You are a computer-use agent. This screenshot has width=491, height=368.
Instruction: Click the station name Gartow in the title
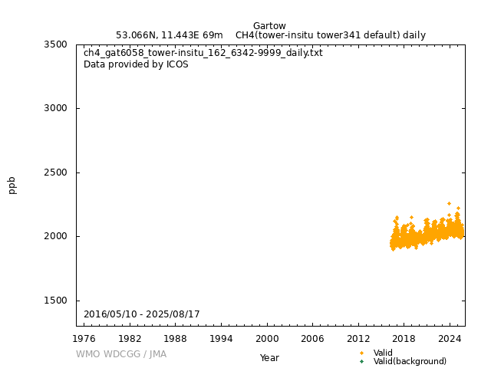pyautogui.click(x=269, y=26)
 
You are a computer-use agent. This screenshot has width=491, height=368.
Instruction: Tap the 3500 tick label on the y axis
pyautogui.click(x=55, y=44)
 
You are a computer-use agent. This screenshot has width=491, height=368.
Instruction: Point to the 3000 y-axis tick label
pyautogui.click(x=55, y=108)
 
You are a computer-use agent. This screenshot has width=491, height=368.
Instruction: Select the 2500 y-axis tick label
pyautogui.click(x=55, y=172)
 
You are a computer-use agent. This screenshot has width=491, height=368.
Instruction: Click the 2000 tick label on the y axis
pyautogui.click(x=55, y=236)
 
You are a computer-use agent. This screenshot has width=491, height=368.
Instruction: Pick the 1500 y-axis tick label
pyautogui.click(x=55, y=301)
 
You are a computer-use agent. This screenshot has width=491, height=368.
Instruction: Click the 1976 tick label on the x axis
pyautogui.click(x=84, y=338)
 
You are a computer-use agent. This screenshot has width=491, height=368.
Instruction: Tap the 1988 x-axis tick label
pyautogui.click(x=176, y=338)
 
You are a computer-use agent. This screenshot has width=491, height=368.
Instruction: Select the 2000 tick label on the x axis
pyautogui.click(x=267, y=338)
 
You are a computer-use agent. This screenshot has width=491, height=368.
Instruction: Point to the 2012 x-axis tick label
pyautogui.click(x=358, y=338)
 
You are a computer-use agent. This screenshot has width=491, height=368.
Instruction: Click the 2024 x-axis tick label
pyautogui.click(x=450, y=338)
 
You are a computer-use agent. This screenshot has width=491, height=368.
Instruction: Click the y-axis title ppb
pyautogui.click(x=12, y=185)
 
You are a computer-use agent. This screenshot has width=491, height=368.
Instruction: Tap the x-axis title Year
pyautogui.click(x=269, y=357)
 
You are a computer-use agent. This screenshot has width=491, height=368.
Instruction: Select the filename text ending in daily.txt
pyautogui.click(x=203, y=53)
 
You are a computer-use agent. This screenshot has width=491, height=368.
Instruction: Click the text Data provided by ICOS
pyautogui.click(x=136, y=64)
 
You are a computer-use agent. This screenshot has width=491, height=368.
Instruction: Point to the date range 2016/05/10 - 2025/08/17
pyautogui.click(x=142, y=314)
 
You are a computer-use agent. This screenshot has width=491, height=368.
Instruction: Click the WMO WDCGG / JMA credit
pyautogui.click(x=121, y=354)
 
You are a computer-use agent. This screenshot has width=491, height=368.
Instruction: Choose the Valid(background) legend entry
pyautogui.click(x=410, y=361)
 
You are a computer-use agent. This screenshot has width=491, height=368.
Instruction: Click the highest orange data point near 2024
pyautogui.click(x=449, y=203)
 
